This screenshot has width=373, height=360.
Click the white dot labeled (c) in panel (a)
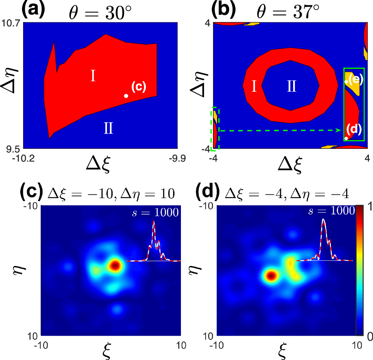[126, 96]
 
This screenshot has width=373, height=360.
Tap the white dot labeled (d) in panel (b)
[346, 138]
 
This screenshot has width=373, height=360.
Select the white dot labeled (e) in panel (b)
[346, 81]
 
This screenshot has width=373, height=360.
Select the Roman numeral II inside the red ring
[291, 87]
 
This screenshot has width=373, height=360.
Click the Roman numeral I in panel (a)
[94, 76]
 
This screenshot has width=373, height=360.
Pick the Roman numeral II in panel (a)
[108, 129]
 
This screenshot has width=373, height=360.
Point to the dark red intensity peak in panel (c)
[115, 266]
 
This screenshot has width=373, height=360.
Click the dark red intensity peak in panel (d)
[271, 276]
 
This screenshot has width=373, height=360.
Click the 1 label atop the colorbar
[367, 210]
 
